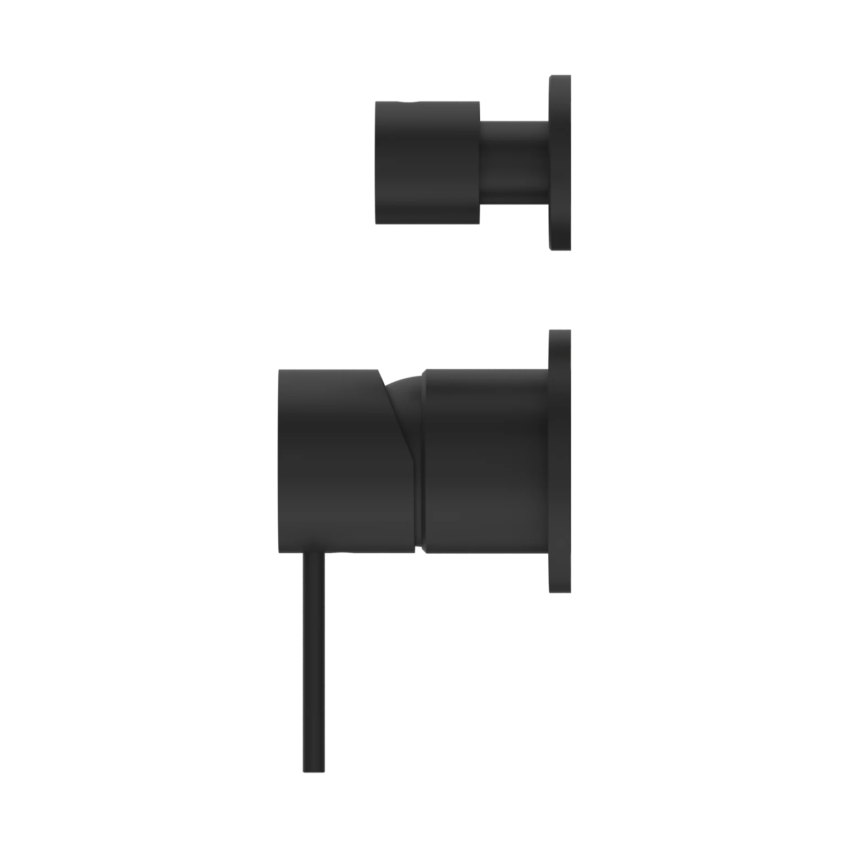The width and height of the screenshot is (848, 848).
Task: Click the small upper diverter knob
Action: (427, 161)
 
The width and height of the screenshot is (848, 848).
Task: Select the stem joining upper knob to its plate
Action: (513, 161)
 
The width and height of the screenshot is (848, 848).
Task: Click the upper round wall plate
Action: (561, 161)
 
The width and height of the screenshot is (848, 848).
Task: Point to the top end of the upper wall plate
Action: (561, 73)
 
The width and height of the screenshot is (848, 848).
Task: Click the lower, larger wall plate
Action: (561, 461)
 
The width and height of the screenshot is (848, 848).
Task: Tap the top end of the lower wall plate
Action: (561, 330)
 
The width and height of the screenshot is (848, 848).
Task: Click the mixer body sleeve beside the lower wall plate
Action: (486, 461)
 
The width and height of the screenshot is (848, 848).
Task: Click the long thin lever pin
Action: (314, 662)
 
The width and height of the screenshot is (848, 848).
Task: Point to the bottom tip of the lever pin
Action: (314, 771)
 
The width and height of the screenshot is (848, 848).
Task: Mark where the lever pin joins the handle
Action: (314, 554)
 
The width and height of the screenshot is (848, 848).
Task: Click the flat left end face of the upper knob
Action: (375, 161)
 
